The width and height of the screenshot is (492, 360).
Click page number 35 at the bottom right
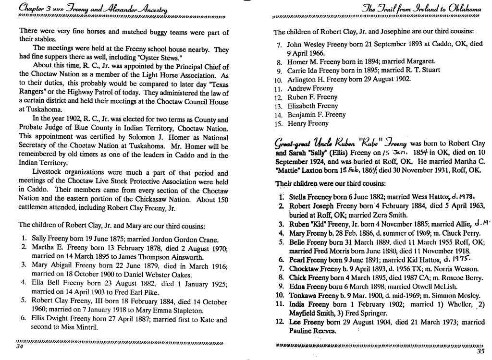point(480,350)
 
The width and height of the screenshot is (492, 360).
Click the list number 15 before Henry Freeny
point(278,123)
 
